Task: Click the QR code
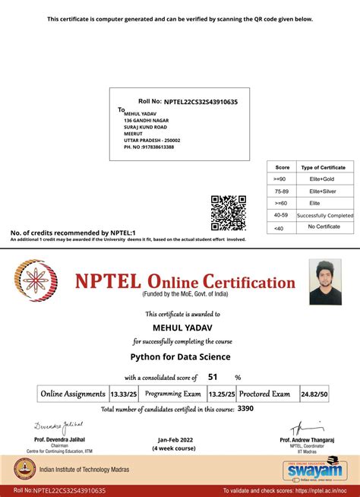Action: click(228, 212)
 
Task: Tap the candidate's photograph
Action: click(325, 281)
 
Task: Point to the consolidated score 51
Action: click(213, 377)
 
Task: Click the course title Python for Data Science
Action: click(180, 356)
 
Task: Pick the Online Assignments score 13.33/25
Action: click(123, 394)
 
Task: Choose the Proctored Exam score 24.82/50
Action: click(314, 394)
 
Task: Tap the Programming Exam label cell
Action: click(173, 394)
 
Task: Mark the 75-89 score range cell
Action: click(282, 191)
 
